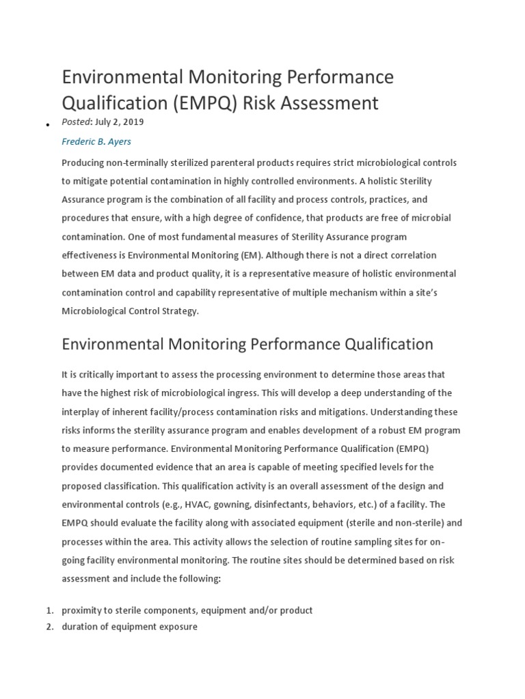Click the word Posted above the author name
(x=75, y=122)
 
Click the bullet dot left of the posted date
(x=47, y=126)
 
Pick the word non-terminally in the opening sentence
(x=141, y=162)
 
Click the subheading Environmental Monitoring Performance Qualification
(x=247, y=344)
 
